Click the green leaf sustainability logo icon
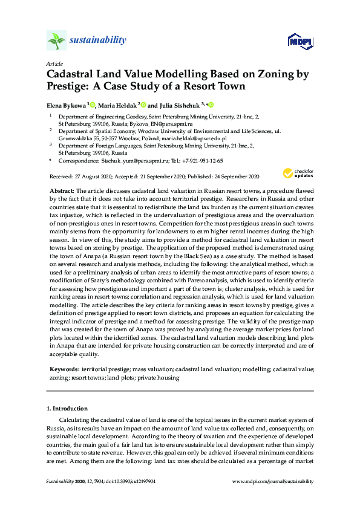point(56,41)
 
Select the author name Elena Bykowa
point(66,104)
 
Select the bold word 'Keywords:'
point(64,368)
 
